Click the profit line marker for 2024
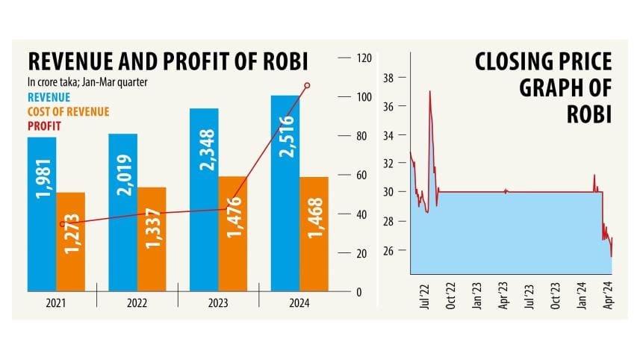click(307, 85)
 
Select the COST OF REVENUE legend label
click(69, 111)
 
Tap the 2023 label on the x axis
click(218, 304)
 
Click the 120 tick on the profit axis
click(364, 58)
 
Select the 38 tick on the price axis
click(388, 78)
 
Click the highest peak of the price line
click(429, 91)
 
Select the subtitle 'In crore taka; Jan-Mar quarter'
click(87, 81)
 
